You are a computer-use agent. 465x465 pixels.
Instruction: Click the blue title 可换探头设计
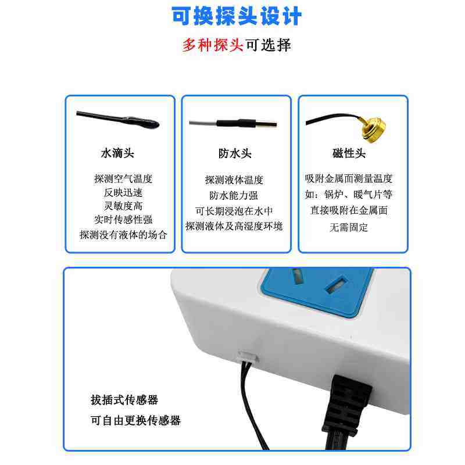[237, 16]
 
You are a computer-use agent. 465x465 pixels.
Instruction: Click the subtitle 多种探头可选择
[237, 45]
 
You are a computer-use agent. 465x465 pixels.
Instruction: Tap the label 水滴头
[117, 153]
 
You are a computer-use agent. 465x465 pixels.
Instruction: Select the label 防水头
[235, 153]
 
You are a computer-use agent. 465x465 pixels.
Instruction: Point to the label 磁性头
[349, 153]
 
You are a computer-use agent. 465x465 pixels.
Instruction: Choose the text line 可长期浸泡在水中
[234, 211]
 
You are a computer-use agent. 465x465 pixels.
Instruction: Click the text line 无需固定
[349, 227]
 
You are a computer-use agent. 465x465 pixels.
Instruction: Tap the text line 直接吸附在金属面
[349, 210]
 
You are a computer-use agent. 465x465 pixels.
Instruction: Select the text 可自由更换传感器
[135, 420]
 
